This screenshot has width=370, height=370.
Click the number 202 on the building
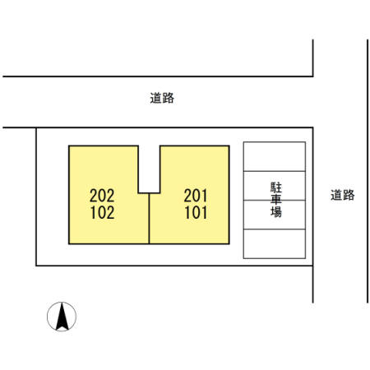(102, 196)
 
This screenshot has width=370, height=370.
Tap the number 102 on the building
(102, 213)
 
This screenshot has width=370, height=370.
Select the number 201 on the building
(196, 196)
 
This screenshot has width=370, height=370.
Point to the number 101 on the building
(196, 213)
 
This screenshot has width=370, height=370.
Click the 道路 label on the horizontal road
(162, 98)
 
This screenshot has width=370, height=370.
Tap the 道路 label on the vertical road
(343, 195)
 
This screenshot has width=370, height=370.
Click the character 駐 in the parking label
(276, 187)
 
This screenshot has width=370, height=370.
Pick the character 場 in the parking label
(276, 212)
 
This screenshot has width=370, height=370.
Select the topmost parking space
(275, 156)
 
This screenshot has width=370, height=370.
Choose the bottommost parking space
(275, 243)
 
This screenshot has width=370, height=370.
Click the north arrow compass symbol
(62, 317)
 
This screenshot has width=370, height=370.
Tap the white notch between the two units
(149, 169)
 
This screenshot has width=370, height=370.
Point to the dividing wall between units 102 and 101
(149, 219)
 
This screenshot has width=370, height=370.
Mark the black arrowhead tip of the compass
(62, 303)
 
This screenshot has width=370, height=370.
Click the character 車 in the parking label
(276, 200)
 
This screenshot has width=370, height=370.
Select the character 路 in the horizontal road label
(169, 98)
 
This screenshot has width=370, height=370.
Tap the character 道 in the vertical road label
(336, 195)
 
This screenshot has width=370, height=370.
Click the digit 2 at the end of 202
(110, 196)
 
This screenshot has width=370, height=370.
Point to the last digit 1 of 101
(204, 213)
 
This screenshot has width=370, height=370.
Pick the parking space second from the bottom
(275, 215)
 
